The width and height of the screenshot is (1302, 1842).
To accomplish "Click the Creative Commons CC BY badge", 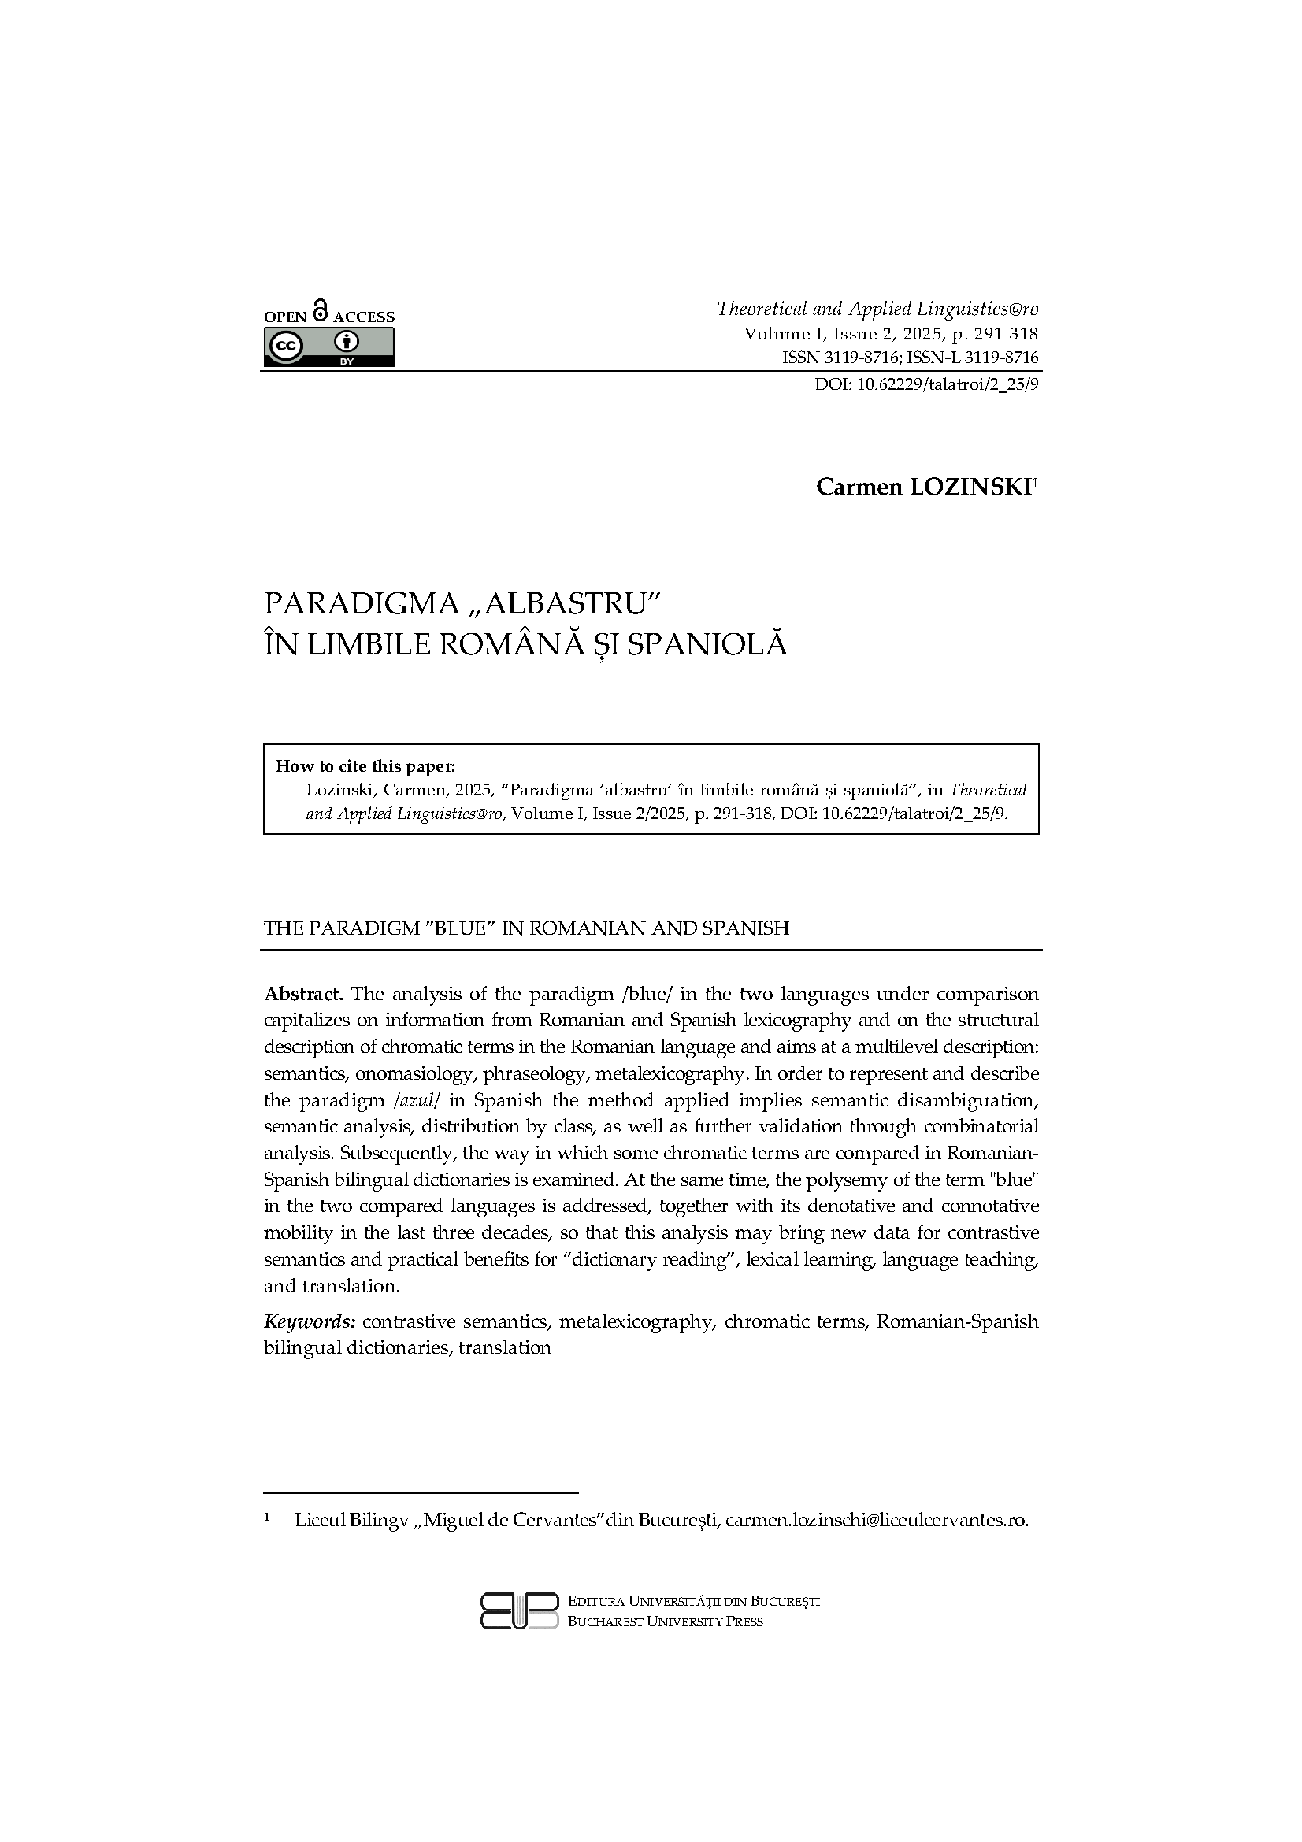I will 329,347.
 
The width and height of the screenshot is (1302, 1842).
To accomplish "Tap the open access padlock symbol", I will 320,310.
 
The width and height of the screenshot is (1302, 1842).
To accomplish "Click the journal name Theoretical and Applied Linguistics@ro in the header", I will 877,309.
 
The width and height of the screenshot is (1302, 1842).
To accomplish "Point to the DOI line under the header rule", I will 926,384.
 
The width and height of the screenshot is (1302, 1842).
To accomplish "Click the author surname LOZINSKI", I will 970,487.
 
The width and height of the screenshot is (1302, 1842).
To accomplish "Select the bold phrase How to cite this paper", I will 365,765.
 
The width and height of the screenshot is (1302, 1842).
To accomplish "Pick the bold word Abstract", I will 303,994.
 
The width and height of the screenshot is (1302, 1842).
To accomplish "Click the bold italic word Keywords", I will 310,1321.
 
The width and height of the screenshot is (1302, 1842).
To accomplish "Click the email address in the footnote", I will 876,1519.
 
